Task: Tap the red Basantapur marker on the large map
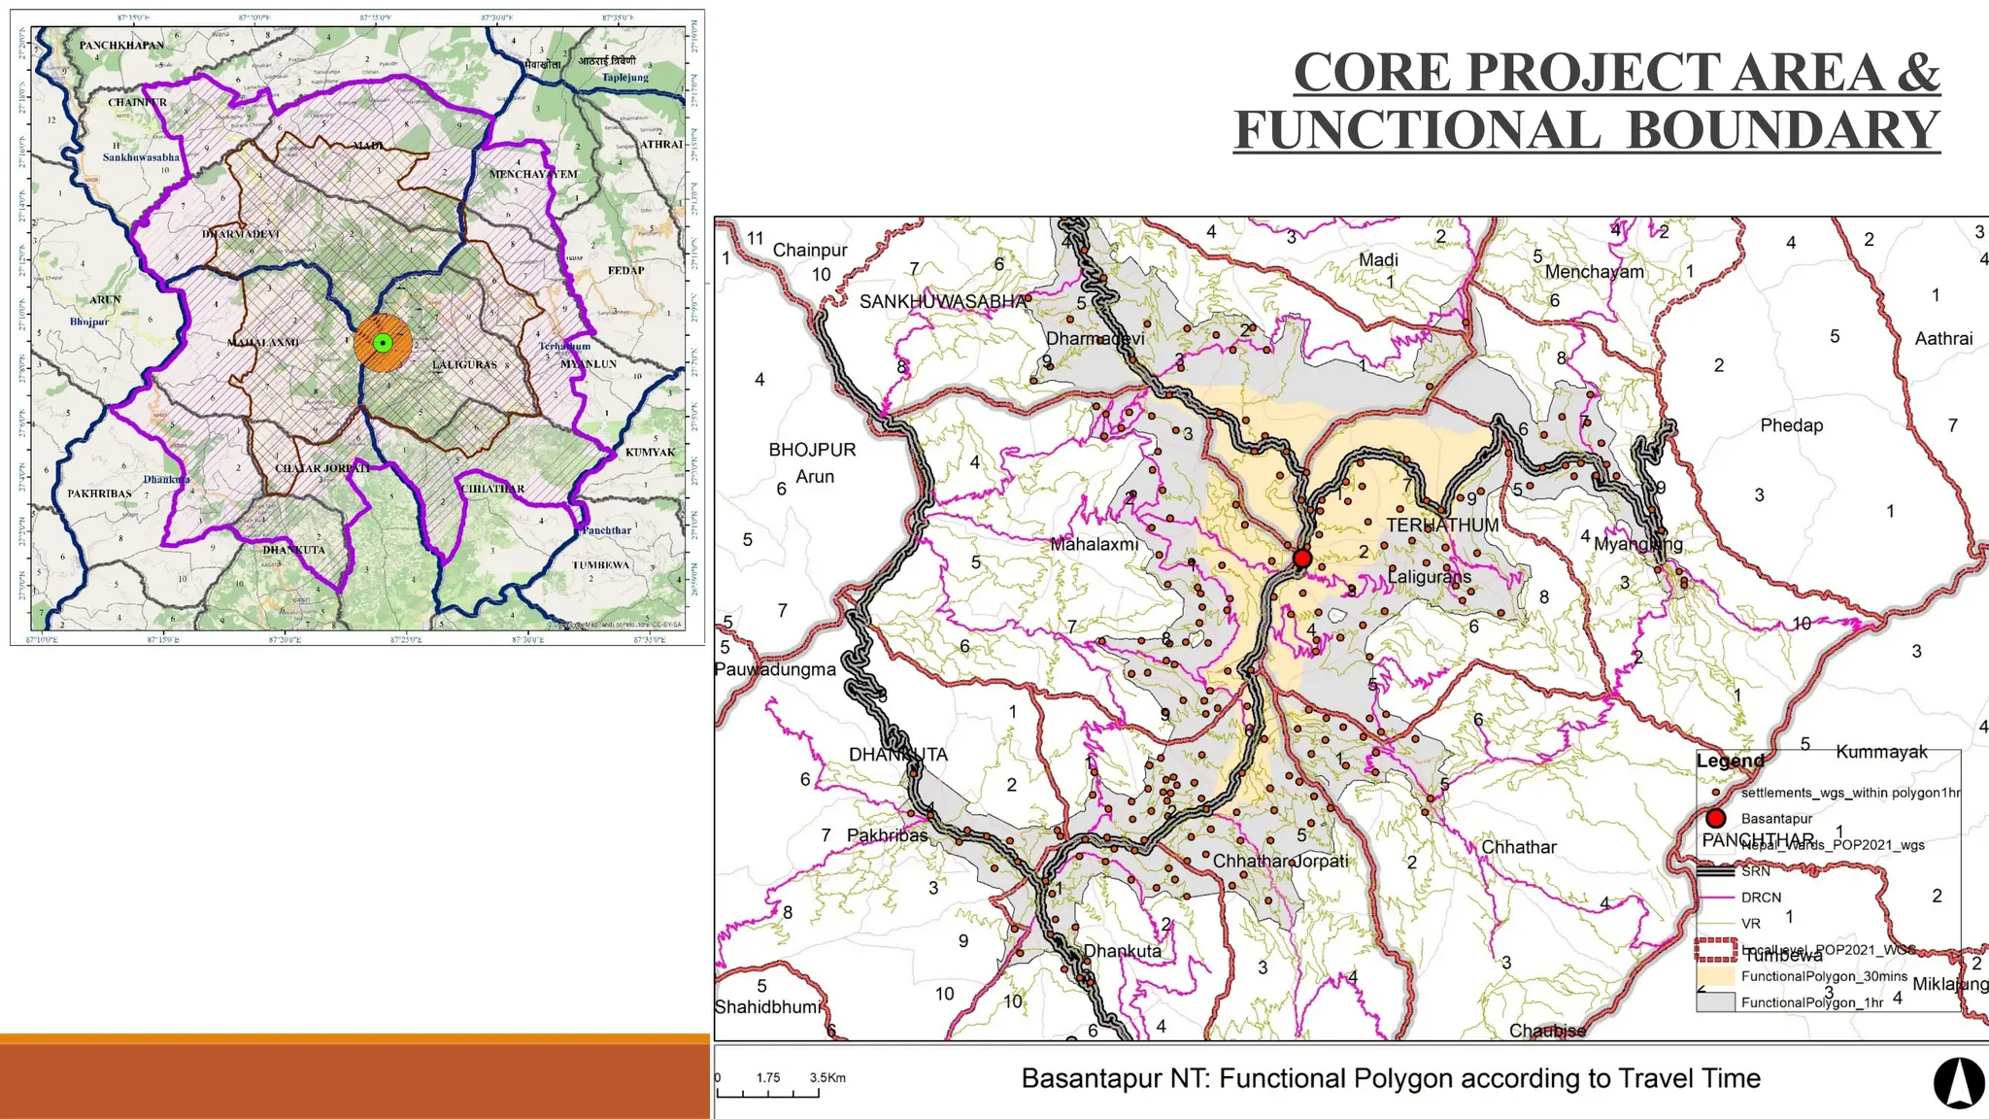click(1302, 559)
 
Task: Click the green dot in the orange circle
click(383, 342)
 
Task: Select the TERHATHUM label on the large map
click(1442, 525)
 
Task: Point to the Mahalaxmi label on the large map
click(1094, 545)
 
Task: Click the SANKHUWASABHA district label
click(942, 301)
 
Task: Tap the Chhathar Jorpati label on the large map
click(1280, 861)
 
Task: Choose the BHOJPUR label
click(812, 450)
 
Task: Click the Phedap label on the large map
click(1791, 425)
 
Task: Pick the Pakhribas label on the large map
click(887, 835)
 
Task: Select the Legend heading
click(1730, 761)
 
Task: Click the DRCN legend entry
click(1761, 898)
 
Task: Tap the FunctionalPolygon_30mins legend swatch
click(1715, 976)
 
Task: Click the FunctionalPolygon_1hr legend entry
click(1811, 1002)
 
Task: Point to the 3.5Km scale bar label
click(827, 1077)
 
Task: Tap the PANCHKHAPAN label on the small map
click(121, 46)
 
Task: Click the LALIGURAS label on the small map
click(464, 365)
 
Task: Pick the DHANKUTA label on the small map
click(293, 550)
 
